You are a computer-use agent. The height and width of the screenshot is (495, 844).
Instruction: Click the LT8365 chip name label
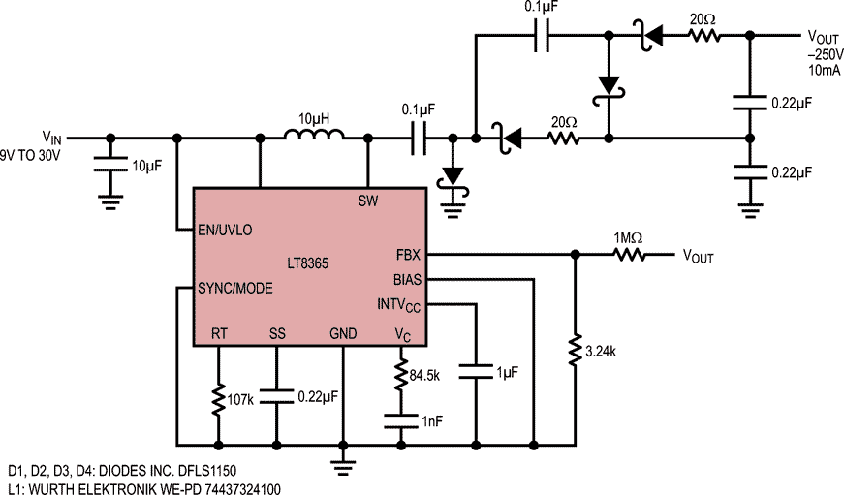tap(307, 263)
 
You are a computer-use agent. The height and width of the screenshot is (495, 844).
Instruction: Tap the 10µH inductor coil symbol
tap(314, 134)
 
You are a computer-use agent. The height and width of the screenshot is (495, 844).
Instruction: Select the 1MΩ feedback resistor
tap(630, 255)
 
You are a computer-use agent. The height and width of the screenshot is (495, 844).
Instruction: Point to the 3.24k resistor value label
tap(601, 352)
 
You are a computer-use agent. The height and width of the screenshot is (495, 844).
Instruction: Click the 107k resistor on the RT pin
tap(219, 399)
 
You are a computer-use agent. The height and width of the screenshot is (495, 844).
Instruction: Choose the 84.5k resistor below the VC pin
tap(401, 375)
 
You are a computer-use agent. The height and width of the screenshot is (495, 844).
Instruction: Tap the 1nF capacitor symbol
tap(401, 421)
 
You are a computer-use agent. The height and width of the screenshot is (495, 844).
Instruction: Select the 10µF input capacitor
tap(110, 165)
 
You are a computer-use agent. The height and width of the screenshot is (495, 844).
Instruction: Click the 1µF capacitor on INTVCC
tap(476, 372)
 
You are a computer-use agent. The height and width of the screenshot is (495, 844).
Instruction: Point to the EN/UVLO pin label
tap(225, 231)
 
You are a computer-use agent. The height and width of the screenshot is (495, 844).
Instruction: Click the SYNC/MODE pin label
tap(235, 289)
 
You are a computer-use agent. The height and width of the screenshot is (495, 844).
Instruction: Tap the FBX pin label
tap(408, 255)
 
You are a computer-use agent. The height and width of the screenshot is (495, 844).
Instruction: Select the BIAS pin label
tap(408, 280)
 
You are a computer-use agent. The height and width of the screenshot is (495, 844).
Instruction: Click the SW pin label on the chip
tap(368, 201)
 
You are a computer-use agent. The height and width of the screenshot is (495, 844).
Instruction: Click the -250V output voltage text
tap(825, 55)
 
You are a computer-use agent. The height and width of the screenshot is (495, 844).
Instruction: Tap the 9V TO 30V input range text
tap(31, 156)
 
